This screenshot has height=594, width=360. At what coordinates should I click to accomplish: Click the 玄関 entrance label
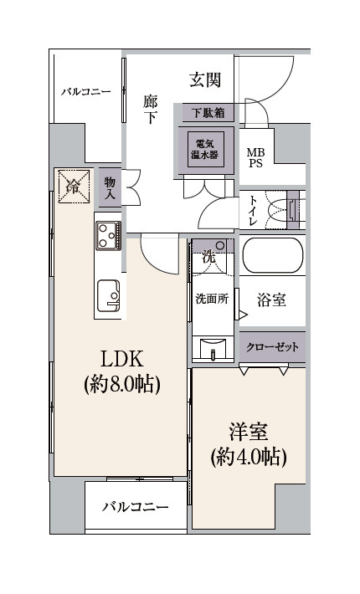[x=205, y=80]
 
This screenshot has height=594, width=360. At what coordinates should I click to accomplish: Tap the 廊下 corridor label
[x=151, y=110]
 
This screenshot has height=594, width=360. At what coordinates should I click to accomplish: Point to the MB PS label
[x=255, y=158]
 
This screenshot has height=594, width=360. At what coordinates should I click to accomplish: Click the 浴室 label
[x=272, y=300]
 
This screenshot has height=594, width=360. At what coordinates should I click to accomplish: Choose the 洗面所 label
[x=212, y=299]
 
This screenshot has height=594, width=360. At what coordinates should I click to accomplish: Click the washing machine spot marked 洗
[x=208, y=258]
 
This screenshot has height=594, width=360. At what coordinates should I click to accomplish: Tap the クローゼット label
[x=272, y=346]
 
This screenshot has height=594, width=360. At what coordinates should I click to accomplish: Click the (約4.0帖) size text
[x=249, y=458]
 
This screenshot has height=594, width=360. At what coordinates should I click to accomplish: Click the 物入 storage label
[x=111, y=187]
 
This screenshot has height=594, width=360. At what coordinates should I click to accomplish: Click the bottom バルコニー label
[x=135, y=507]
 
